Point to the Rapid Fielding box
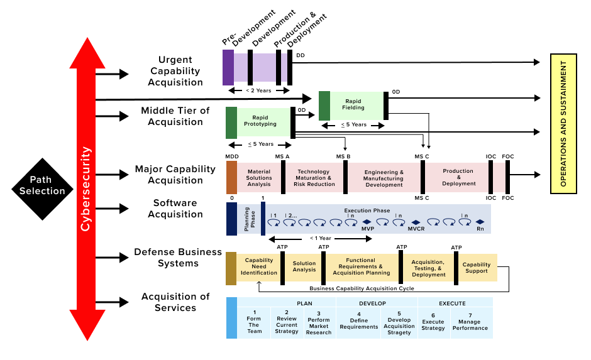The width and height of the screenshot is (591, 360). (x=353, y=104)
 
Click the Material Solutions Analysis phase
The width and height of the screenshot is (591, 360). (x=259, y=178)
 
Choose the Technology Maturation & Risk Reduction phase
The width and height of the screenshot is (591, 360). (x=314, y=178)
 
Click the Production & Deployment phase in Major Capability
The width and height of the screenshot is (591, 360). (x=458, y=178)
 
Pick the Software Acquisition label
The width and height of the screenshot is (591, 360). (x=175, y=209)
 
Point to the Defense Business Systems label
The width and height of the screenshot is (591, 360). (x=178, y=258)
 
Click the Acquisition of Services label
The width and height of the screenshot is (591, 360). (x=175, y=302)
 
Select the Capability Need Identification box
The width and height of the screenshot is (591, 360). (x=258, y=267)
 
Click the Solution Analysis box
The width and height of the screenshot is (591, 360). (x=304, y=267)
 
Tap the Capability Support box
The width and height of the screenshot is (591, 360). (x=477, y=268)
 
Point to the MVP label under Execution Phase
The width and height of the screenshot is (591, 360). (x=367, y=230)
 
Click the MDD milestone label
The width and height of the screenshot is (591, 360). (x=231, y=156)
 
